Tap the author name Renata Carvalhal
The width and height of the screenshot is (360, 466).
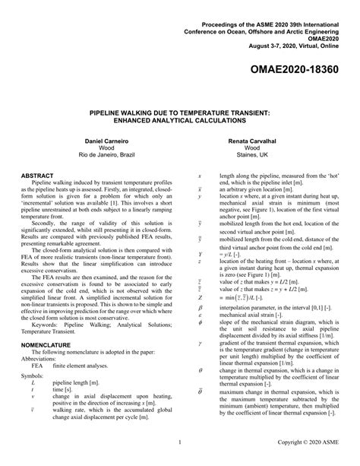270,141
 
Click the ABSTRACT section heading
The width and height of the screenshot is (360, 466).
39,175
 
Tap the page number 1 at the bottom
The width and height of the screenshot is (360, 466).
179,441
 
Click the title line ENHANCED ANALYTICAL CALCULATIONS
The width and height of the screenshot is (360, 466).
180,119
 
